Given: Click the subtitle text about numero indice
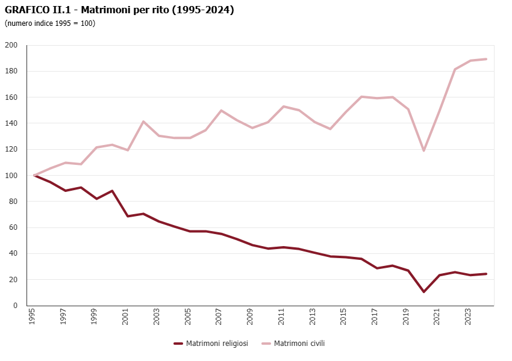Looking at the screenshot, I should click(50, 23).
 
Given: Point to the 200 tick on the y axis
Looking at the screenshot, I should click(11, 45).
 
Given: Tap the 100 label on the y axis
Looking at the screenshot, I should click(11, 176).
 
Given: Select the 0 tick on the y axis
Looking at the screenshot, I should click(16, 306).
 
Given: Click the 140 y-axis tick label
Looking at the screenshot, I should click(11, 123).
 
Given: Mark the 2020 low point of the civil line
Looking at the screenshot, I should click(424, 150).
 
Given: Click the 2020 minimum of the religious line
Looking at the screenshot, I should click(424, 292).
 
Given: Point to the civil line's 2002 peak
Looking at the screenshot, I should click(143, 122).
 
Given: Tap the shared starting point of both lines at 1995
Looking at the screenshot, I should click(34, 176).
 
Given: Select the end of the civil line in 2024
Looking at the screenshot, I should click(486, 59).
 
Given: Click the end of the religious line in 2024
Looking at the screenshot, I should click(486, 274).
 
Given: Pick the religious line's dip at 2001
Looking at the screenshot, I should click(128, 216).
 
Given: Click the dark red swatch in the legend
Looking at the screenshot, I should click(178, 344).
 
